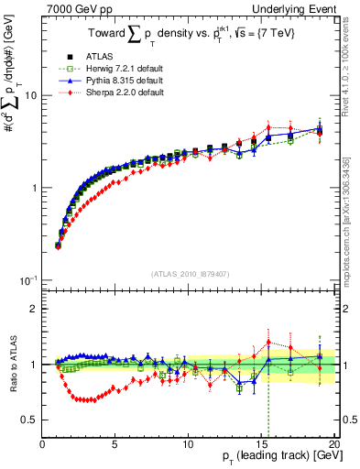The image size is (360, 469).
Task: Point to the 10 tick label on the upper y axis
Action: tap(29, 96)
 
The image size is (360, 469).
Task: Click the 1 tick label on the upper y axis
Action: tap(33, 188)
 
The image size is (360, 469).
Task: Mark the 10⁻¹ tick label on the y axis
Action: tap(27, 280)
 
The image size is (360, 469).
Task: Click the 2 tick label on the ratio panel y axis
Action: tap(33, 309)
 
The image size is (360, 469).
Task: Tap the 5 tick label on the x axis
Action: tap(115, 444)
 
